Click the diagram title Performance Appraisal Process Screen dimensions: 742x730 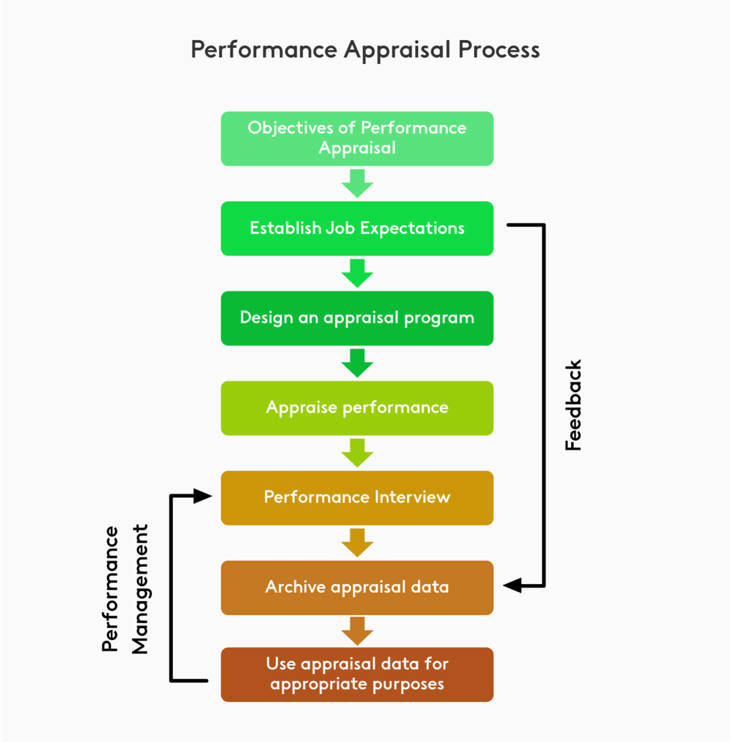click(x=365, y=50)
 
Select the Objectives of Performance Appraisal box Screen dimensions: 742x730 click(x=357, y=138)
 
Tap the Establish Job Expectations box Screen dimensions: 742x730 click(x=357, y=228)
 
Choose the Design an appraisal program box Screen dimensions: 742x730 click(x=357, y=318)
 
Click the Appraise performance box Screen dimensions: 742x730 click(x=357, y=408)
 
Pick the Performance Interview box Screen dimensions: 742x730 click(x=357, y=497)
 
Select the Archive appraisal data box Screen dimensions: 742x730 click(x=357, y=587)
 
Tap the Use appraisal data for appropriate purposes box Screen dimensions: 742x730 click(x=357, y=674)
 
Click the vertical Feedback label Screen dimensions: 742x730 click(x=573, y=405)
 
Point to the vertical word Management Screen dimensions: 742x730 click(x=140, y=589)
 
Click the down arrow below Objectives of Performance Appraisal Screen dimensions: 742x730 click(x=357, y=183)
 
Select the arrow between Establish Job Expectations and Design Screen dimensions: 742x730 click(x=357, y=273)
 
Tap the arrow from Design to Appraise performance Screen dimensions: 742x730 click(x=357, y=363)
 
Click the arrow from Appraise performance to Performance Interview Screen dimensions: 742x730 click(x=357, y=453)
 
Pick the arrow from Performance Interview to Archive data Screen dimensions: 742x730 click(x=357, y=542)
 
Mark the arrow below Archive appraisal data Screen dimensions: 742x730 click(x=357, y=631)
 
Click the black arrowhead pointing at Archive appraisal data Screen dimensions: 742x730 click(x=513, y=585)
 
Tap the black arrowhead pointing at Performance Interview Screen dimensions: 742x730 click(x=202, y=496)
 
